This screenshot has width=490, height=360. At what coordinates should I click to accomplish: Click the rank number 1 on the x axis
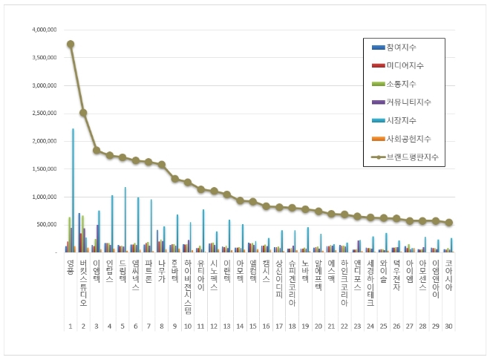click(x=70, y=325)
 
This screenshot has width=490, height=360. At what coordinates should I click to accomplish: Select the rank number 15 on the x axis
click(x=253, y=325)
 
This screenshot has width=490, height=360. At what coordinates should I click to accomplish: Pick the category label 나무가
click(x=161, y=270)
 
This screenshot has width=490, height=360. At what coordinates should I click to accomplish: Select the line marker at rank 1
click(x=71, y=44)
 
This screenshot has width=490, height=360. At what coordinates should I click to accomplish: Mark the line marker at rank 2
click(x=83, y=113)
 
